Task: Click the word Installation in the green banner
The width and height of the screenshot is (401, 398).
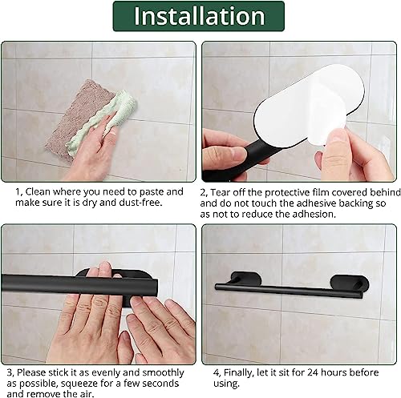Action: click(x=199, y=16)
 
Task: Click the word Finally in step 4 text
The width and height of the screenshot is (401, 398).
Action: click(x=238, y=372)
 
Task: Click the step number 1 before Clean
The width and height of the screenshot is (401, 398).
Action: click(x=18, y=192)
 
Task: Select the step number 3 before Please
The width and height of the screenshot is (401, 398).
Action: click(x=10, y=372)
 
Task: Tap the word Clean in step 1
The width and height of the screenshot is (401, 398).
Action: click(x=38, y=191)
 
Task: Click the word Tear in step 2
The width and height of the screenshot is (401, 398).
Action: click(x=221, y=193)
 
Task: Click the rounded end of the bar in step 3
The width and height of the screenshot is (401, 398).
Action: click(x=155, y=286)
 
